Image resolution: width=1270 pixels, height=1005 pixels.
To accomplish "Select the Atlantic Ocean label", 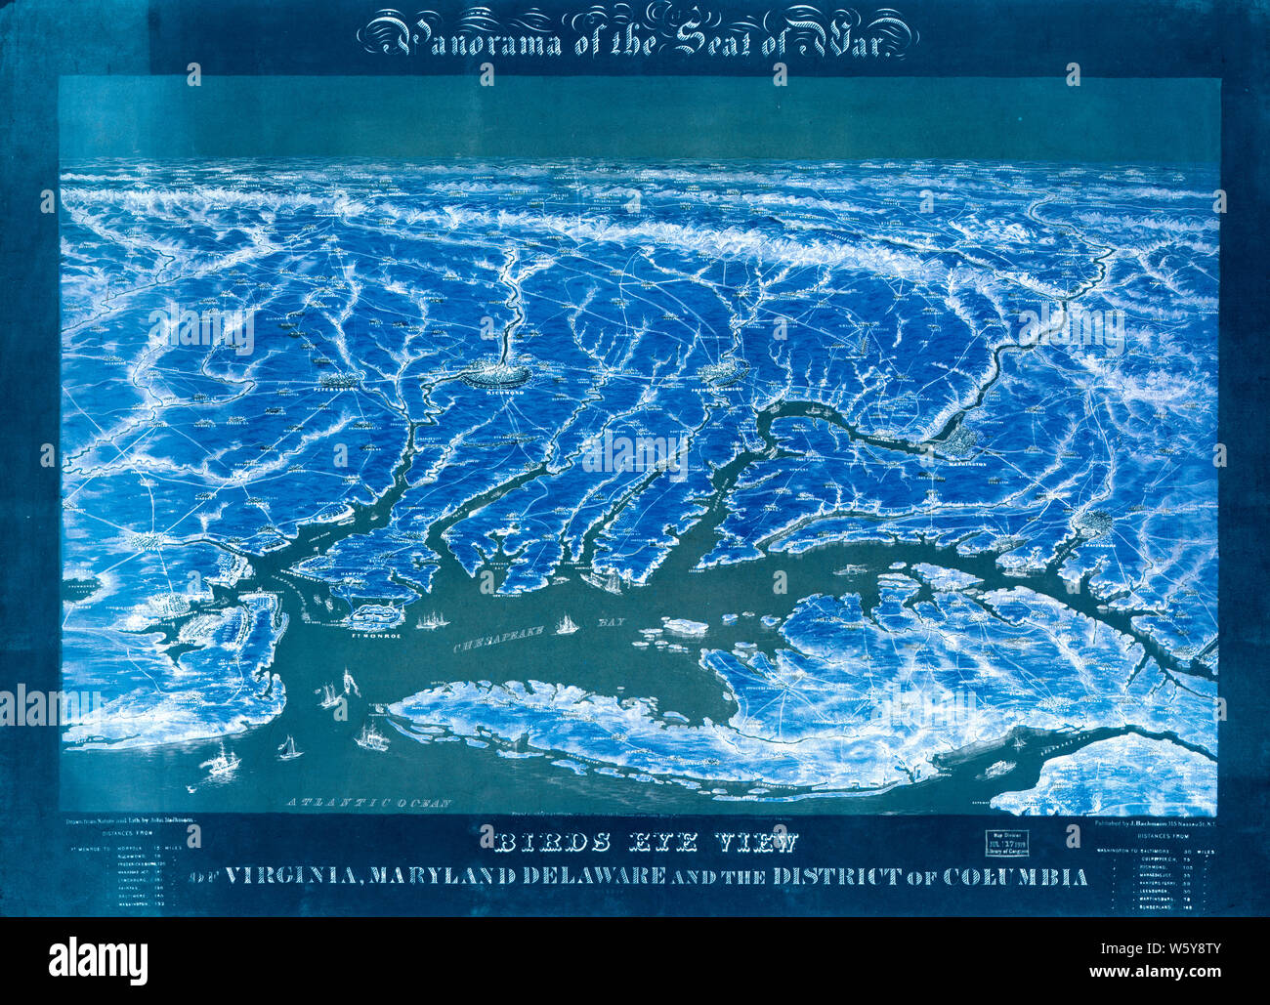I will point(369,803).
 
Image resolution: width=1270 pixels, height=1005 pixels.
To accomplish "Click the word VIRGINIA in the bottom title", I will point(292,876).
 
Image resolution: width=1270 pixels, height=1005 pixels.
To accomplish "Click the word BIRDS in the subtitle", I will point(525,841).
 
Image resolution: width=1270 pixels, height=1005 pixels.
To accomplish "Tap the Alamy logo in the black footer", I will point(98,959).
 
